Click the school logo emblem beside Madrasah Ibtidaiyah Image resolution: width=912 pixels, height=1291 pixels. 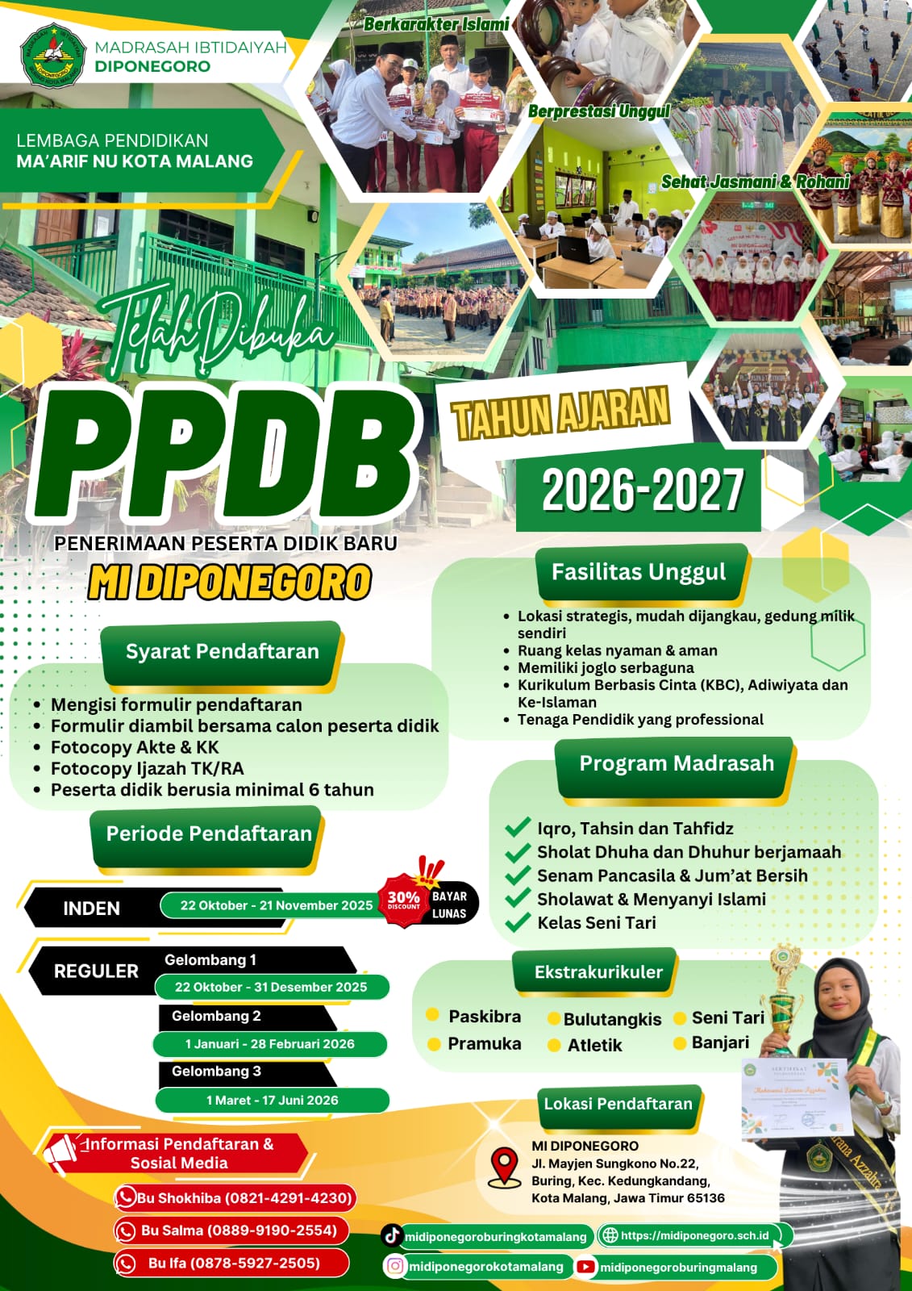point(52,55)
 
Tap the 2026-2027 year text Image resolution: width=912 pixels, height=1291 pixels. point(642,491)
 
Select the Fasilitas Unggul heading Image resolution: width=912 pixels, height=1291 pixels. point(639,572)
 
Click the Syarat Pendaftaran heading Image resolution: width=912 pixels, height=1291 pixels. point(222,652)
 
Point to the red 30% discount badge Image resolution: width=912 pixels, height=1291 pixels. point(404,900)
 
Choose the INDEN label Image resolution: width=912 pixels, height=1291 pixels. point(91,909)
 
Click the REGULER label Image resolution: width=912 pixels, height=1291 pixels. point(96,971)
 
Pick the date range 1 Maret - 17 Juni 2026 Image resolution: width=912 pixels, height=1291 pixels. point(272,1100)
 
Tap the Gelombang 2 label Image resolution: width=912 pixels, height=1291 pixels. point(216,1016)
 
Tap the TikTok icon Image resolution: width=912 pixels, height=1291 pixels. point(393,1235)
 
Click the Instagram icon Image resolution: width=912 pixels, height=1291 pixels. point(395,1266)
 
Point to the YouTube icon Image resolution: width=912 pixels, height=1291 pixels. point(585,1267)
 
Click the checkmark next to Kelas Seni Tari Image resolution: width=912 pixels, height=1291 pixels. point(517,922)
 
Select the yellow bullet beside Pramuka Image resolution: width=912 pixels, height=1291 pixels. point(434,1044)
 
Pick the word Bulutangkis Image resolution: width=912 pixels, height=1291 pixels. point(612,1019)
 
